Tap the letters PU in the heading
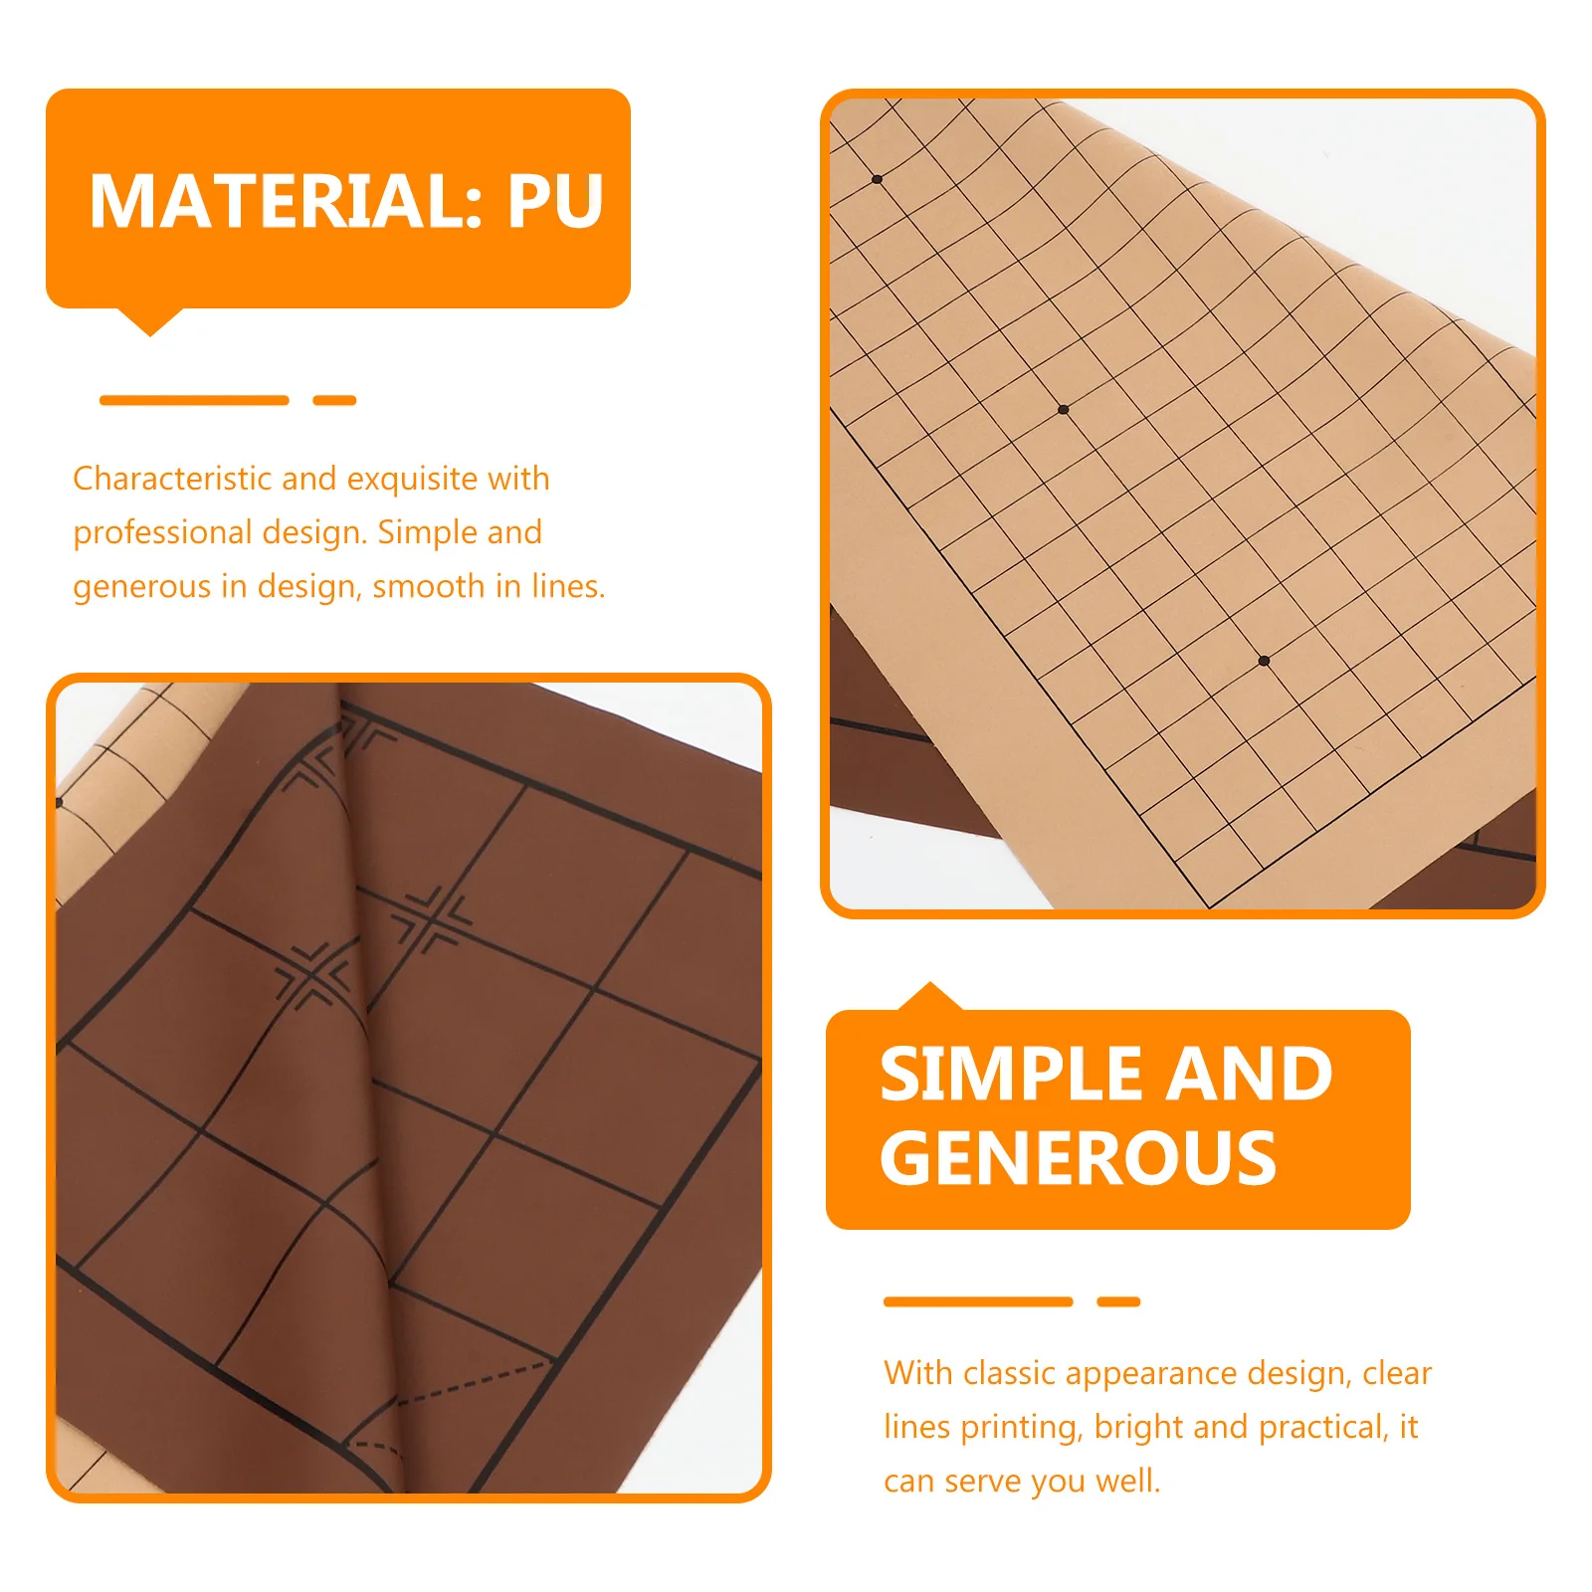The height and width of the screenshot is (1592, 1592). pyautogui.click(x=555, y=202)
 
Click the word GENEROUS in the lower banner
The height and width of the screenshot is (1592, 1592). pyautogui.click(x=1078, y=1159)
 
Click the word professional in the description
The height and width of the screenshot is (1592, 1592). pyautogui.click(x=162, y=532)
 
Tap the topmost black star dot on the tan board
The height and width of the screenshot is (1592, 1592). pyautogui.click(x=877, y=179)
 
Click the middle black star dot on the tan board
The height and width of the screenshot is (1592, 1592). pyautogui.click(x=1063, y=409)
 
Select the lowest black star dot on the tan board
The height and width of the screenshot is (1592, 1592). pyautogui.click(x=1264, y=661)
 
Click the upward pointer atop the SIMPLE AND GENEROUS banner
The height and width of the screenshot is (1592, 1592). pyautogui.click(x=929, y=996)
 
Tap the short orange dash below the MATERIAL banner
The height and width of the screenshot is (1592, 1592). pyautogui.click(x=334, y=400)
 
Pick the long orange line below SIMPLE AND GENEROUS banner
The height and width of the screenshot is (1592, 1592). pyautogui.click(x=977, y=1301)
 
